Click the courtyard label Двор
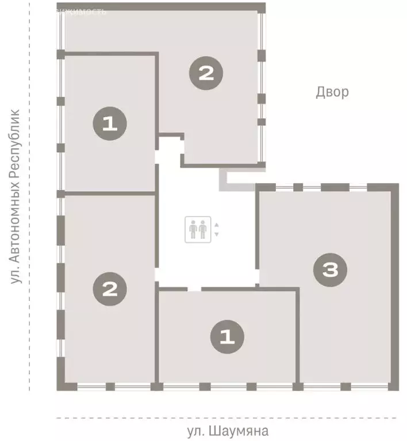click(332, 92)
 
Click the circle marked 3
click(331, 270)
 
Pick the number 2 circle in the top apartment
click(206, 72)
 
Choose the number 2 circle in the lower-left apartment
click(109, 288)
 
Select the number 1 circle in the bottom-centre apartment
click(228, 337)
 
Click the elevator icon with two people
click(197, 230)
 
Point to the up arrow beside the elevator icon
click(217, 225)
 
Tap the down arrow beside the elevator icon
click(217, 234)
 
